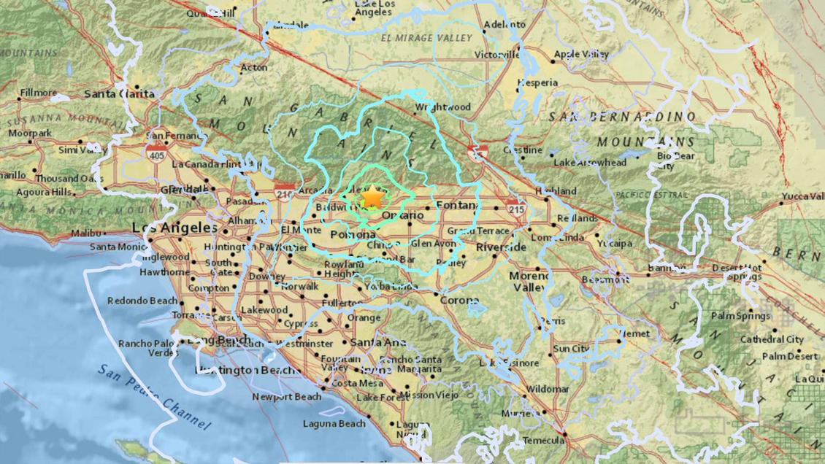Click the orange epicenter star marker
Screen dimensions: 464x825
[x=372, y=196]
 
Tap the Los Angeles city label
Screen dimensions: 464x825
[x=164, y=228]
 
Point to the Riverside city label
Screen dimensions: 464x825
[x=501, y=247]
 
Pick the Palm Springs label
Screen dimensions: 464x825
[x=741, y=316]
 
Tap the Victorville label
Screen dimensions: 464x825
[x=496, y=54]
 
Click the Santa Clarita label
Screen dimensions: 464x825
[x=120, y=93]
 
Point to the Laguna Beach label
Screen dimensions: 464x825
[x=334, y=424]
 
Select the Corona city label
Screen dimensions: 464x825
[x=459, y=300]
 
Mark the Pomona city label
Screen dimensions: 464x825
[x=353, y=235]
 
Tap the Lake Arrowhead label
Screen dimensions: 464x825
[x=590, y=162]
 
